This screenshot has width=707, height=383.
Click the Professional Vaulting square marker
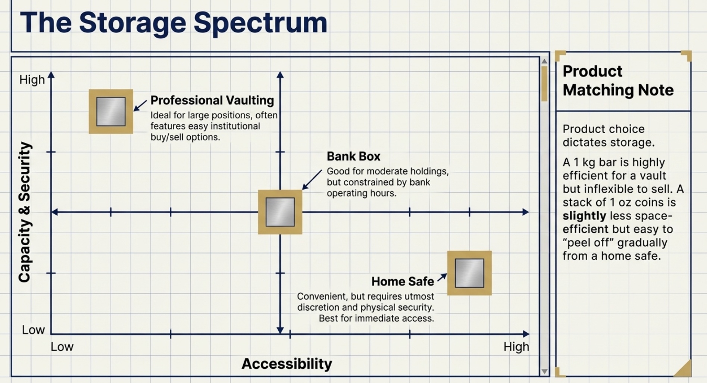111,111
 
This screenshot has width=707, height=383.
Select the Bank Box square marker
280,212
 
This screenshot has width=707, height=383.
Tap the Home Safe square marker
469,273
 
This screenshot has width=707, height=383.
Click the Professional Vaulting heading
212,100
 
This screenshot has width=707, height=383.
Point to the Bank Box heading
353,156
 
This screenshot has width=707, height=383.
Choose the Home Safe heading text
403,281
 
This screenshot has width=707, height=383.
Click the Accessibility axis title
287,364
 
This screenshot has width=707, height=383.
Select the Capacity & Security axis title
25,212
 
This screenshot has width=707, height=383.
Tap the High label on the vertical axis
32,80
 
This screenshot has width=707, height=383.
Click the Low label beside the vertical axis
33,330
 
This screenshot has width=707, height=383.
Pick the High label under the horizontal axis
516,347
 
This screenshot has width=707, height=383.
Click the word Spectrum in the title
260,23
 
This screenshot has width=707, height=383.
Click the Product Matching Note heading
617,81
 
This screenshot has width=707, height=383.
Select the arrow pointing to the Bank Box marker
312,180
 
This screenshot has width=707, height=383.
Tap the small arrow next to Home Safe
442,277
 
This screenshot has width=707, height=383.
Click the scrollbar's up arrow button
544,61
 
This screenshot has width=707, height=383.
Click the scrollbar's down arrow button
544,371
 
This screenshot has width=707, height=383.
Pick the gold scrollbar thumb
544,84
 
